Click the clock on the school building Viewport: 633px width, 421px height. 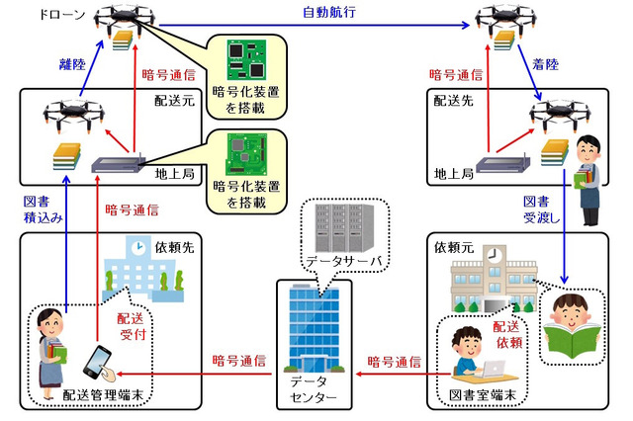[x=494, y=256]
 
